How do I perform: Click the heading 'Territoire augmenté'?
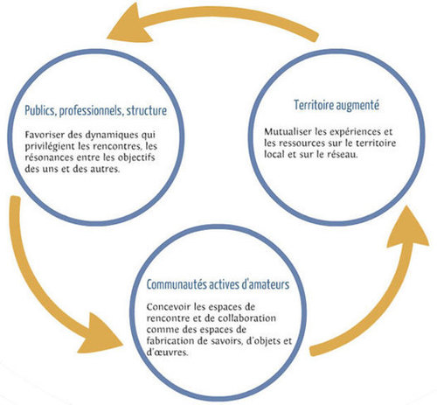point(336,105)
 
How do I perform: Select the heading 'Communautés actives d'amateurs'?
point(218,284)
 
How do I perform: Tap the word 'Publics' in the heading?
point(40,111)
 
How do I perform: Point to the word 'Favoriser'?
point(45,135)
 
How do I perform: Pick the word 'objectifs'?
point(136,158)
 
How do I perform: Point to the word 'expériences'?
point(352,132)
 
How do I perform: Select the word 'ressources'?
point(301,143)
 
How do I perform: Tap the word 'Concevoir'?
point(168,307)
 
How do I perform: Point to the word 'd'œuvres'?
point(166,353)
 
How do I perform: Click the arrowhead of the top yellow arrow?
point(129,24)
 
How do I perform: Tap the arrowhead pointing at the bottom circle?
point(99,334)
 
